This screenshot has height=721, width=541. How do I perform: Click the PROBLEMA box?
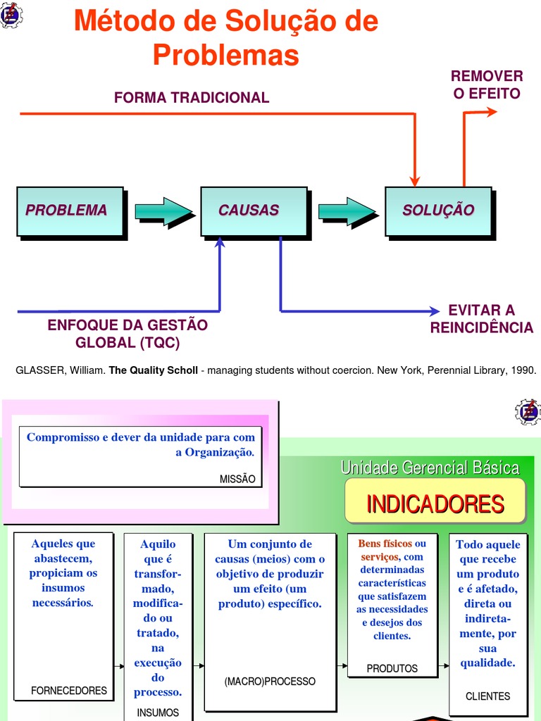click(70, 211)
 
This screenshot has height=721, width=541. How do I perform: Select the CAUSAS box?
click(254, 211)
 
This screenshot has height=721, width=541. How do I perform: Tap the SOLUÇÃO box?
click(437, 211)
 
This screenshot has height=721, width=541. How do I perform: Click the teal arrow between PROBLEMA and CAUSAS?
click(163, 211)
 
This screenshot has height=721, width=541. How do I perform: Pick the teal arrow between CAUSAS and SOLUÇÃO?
click(347, 211)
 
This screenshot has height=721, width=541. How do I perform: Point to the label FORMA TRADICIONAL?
click(192, 98)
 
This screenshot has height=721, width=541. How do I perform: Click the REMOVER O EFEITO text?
click(487, 84)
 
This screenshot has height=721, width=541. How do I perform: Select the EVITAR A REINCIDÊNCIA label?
click(482, 319)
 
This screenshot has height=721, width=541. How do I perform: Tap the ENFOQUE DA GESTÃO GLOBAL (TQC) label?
click(128, 334)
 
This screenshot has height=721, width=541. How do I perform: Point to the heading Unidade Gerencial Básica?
click(430, 468)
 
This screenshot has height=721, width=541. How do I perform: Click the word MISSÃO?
click(237, 479)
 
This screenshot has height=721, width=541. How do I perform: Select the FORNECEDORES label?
click(69, 691)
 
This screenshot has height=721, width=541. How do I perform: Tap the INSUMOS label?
click(158, 713)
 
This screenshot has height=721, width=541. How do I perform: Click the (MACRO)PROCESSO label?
click(270, 682)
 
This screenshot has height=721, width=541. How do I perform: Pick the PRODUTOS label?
click(392, 668)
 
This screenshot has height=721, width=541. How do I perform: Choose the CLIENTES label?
click(487, 696)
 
